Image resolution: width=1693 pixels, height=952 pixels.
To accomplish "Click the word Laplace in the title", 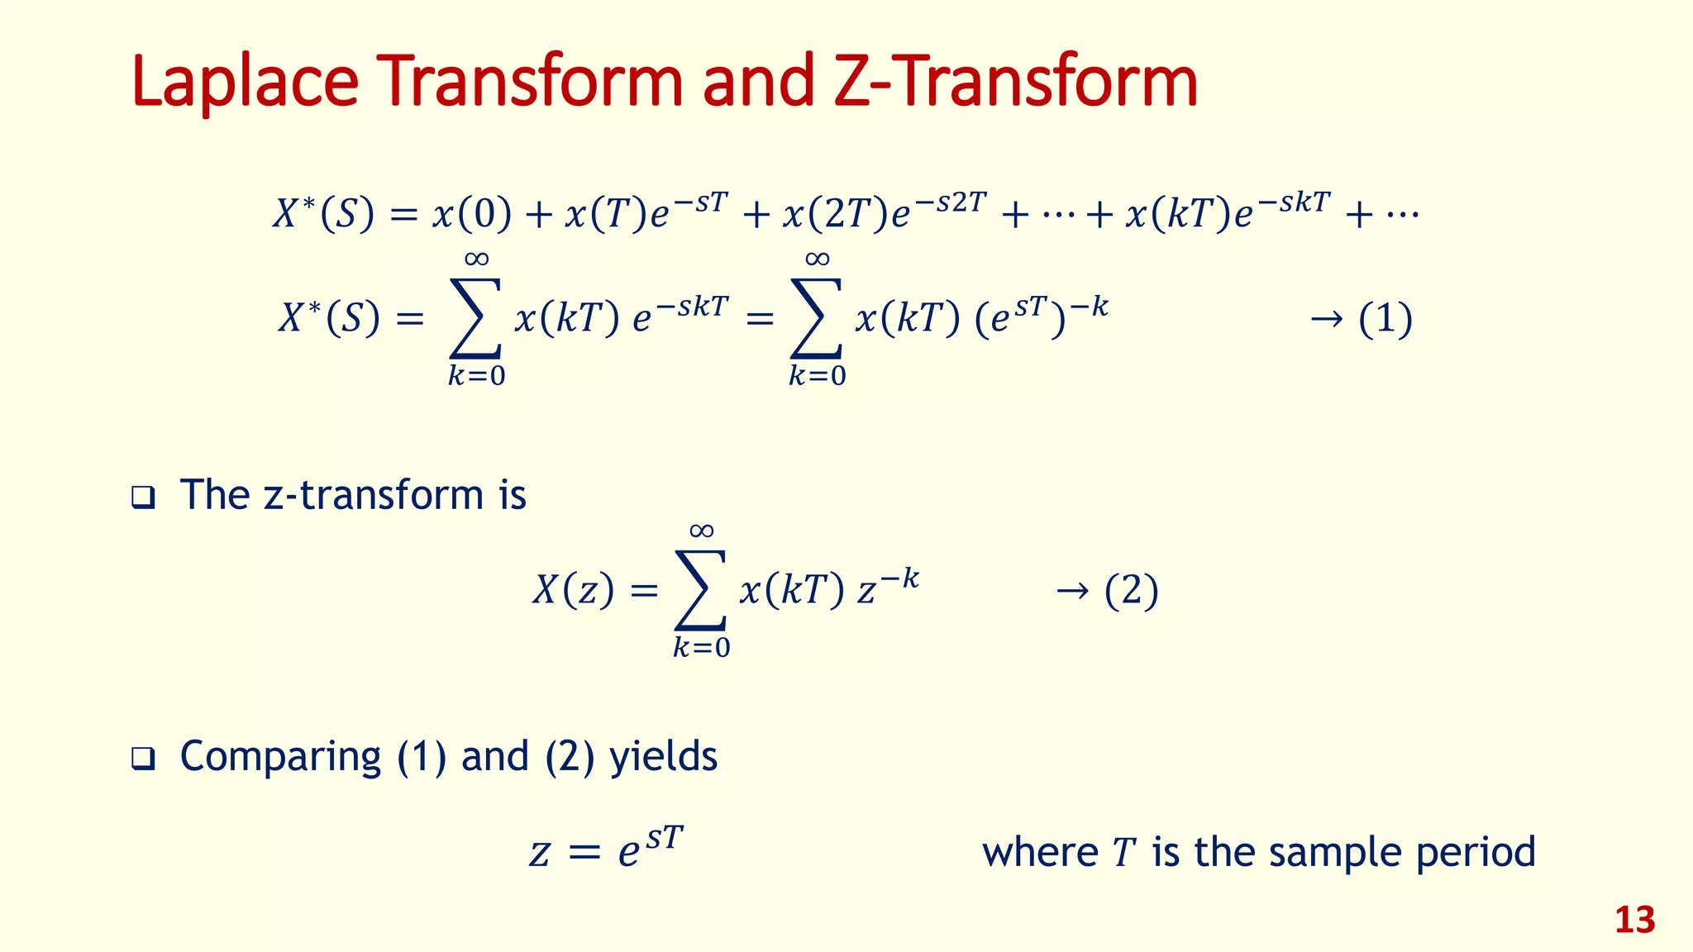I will (245, 83).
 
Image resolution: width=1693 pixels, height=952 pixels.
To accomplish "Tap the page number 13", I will (1634, 920).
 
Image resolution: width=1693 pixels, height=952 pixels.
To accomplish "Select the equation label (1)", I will (1385, 319).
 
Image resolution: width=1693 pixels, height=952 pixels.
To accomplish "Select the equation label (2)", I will (1131, 591).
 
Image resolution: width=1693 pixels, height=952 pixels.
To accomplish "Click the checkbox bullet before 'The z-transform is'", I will (143, 497).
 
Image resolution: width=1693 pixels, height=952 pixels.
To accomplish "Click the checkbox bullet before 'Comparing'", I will (143, 759).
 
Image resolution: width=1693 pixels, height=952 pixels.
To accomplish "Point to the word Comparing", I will (280, 757).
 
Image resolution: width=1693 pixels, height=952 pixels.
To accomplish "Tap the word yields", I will (663, 757).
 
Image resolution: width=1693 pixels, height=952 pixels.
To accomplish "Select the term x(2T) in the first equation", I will (835, 215).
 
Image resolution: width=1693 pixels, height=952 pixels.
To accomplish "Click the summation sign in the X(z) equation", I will (701, 589).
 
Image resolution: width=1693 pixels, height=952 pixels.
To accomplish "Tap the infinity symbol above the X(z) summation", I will (701, 531).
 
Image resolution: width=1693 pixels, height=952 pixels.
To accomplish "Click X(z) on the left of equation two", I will (573, 591).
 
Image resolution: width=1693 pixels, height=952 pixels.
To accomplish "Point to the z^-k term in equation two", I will (888, 588).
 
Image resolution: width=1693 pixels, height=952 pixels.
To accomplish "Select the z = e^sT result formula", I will (607, 850).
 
